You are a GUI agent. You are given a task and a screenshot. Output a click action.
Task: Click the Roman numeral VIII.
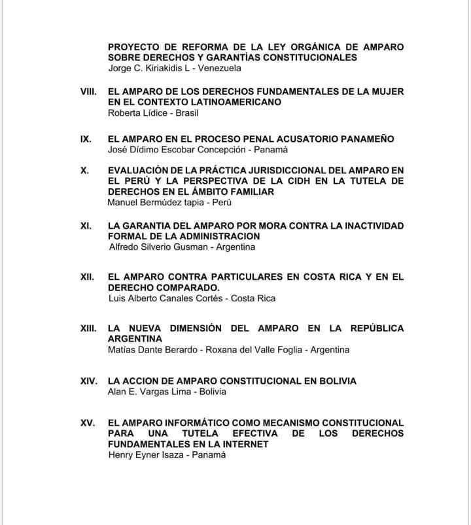tap(88, 92)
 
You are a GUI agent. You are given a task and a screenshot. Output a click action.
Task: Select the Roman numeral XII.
tap(88, 277)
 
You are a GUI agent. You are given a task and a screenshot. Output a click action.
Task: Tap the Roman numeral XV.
tap(88, 423)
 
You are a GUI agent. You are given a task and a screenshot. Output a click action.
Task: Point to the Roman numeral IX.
tap(85, 139)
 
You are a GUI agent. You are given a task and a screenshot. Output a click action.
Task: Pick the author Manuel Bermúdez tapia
tap(156, 202)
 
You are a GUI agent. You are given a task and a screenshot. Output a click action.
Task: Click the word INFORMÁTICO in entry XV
tap(190, 423)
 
